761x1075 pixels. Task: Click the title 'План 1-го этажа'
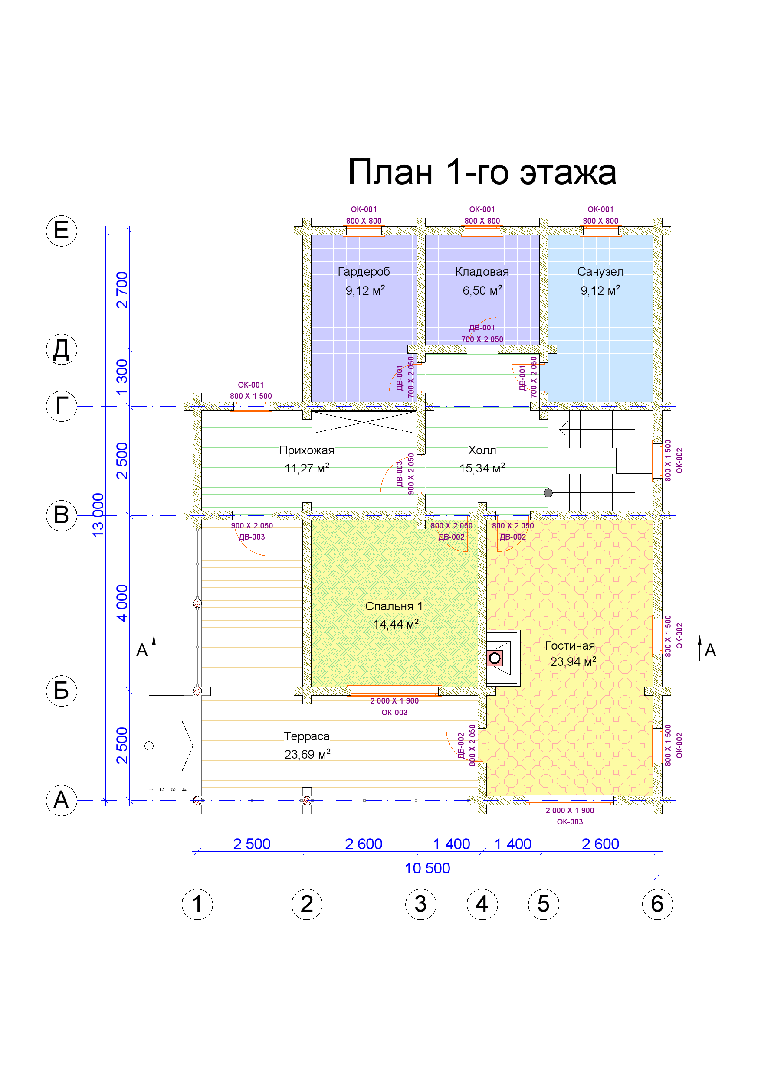[x=482, y=172]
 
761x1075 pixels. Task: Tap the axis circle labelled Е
[x=61, y=231]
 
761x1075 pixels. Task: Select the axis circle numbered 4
[x=482, y=904]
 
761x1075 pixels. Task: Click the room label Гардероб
[x=364, y=271]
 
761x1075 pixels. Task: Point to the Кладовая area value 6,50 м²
[x=482, y=290]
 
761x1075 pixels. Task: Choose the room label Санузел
[x=600, y=271]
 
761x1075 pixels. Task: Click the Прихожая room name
[x=307, y=450]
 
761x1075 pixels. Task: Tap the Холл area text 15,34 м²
[x=482, y=468]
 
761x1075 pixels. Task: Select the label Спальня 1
[x=394, y=606]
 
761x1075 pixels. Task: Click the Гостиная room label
[x=570, y=646]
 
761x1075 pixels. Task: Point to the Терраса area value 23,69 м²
[x=308, y=754]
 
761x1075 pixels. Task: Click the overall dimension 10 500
[x=427, y=869]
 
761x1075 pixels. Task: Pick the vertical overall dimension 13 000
[x=98, y=515]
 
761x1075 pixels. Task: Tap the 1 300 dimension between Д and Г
[x=122, y=378]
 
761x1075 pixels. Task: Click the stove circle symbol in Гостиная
[x=494, y=658]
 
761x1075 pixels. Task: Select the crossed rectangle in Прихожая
[x=364, y=422]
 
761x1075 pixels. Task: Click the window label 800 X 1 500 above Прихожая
[x=251, y=396]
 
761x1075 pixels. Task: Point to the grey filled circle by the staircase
[x=548, y=492]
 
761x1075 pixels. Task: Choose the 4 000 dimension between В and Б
[x=122, y=603]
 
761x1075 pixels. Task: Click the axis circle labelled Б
[x=61, y=691]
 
